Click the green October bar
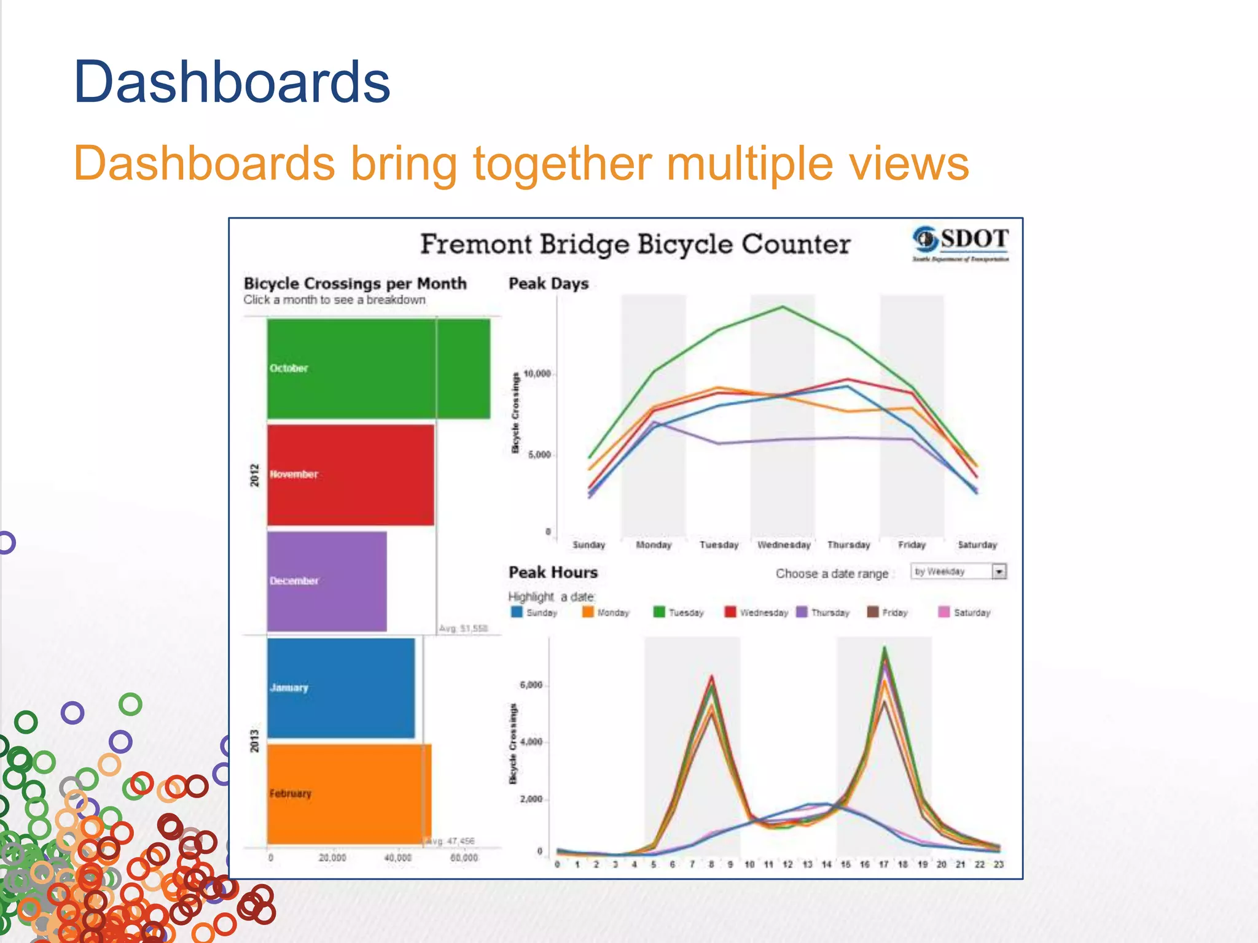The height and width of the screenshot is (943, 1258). [x=378, y=368]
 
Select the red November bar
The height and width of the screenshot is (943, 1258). [x=350, y=475]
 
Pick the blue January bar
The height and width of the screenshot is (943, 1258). [x=341, y=688]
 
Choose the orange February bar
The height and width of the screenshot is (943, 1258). [x=349, y=794]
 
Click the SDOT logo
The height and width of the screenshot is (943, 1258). [x=960, y=243]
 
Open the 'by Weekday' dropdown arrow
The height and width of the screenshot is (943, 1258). [x=999, y=572]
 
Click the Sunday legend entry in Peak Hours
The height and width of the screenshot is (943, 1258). [x=534, y=613]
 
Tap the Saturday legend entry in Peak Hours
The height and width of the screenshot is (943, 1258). [x=964, y=613]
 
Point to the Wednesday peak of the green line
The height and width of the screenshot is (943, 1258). [x=783, y=307]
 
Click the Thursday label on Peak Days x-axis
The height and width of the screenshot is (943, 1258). [x=848, y=545]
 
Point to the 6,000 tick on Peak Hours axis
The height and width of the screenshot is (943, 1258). [x=531, y=685]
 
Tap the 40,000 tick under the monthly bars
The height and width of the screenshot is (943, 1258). [x=397, y=858]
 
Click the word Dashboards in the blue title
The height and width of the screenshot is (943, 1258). [x=232, y=82]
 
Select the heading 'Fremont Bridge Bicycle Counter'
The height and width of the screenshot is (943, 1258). [x=635, y=244]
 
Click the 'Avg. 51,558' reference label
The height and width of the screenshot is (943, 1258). [x=463, y=629]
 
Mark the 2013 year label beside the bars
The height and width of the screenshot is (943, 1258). [x=254, y=741]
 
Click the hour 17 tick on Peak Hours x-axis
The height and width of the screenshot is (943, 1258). [x=883, y=864]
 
